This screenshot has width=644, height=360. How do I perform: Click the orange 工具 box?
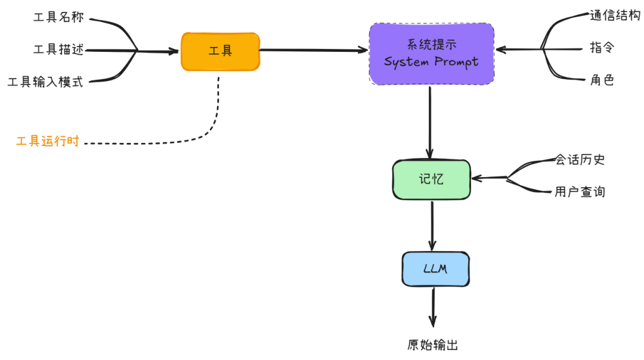click(220, 51)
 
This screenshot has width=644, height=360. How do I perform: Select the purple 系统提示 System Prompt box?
click(431, 54)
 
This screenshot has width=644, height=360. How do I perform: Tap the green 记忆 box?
click(431, 179)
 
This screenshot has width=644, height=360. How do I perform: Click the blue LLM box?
click(435, 269)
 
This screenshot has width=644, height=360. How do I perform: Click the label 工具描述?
click(58, 50)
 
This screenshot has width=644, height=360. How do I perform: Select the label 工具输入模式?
click(45, 82)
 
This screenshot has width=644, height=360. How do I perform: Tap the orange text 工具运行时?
click(47, 142)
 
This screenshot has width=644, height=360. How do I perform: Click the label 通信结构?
click(615, 16)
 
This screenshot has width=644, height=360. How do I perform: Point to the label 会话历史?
click(580, 160)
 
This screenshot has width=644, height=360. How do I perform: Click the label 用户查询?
click(580, 192)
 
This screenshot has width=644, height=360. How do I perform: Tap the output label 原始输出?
click(433, 345)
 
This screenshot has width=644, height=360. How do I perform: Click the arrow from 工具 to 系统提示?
click(313, 50)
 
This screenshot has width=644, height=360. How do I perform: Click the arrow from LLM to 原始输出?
click(433, 307)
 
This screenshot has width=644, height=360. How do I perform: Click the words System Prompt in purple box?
click(431, 62)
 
